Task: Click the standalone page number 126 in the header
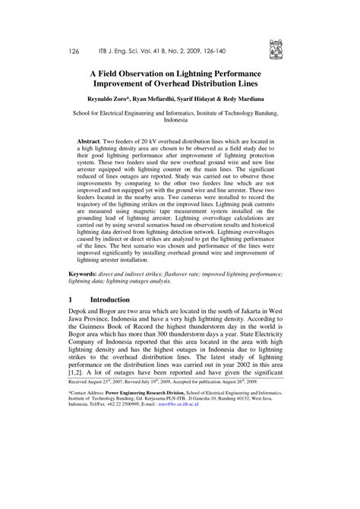click(x=74, y=51)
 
